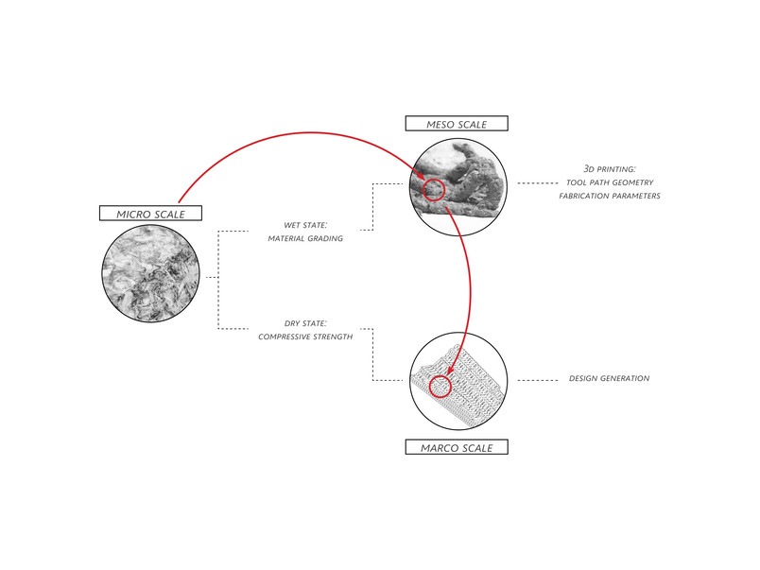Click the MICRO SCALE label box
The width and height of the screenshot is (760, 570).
tap(150, 214)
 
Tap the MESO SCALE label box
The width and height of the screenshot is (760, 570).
tap(457, 124)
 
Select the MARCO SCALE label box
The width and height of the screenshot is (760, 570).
tap(457, 447)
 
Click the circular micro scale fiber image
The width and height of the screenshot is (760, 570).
tap(150, 274)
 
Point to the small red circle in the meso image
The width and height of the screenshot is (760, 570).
tap(433, 189)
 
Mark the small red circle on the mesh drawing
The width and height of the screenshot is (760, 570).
tap(440, 387)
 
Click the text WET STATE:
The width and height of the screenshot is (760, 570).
tap(305, 225)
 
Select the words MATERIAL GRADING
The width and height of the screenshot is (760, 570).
tap(305, 238)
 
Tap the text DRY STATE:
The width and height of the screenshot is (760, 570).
tap(305, 323)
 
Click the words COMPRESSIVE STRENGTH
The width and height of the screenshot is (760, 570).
tap(305, 337)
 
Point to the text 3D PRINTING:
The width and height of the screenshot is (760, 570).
tap(610, 168)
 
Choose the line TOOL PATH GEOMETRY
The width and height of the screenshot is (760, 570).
tap(610, 182)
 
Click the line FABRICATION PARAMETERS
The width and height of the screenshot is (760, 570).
tap(610, 196)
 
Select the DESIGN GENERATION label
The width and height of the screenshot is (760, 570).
tap(610, 378)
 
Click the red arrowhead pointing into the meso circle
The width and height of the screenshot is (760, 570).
tap(420, 175)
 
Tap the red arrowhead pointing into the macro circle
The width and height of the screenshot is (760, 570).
tap(451, 370)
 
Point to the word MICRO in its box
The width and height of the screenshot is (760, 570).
tap(132, 215)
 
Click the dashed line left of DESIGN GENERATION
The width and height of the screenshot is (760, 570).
tap(538, 381)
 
